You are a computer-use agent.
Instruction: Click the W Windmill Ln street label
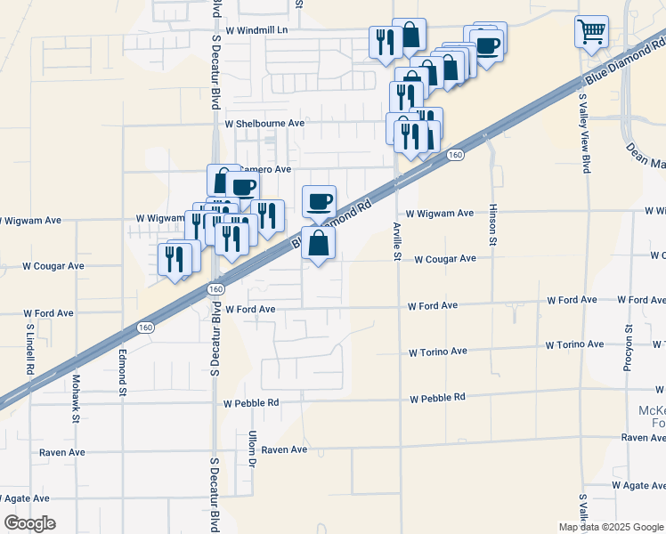pyautogui.click(x=257, y=29)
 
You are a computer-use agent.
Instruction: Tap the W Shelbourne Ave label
pyautogui.click(x=264, y=124)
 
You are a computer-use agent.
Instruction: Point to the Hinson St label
pyautogui.click(x=492, y=224)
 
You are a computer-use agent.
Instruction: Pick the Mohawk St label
pyautogui.click(x=76, y=401)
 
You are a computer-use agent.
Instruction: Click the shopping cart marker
pyautogui.click(x=591, y=32)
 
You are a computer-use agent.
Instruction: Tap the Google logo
pyautogui.click(x=29, y=522)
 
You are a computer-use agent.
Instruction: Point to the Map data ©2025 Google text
pyautogui.click(x=610, y=527)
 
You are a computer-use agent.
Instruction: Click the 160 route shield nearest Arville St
pyautogui.click(x=454, y=156)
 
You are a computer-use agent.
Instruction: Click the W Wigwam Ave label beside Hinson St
pyautogui.click(x=440, y=214)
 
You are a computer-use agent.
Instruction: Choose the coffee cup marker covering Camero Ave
pyautogui.click(x=241, y=187)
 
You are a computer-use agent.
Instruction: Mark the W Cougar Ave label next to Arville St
pyautogui.click(x=443, y=259)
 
